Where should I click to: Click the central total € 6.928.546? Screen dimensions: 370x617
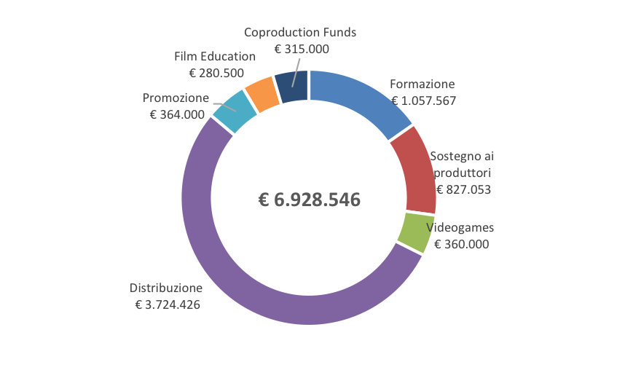[310, 200]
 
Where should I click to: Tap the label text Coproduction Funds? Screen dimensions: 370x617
[300, 33]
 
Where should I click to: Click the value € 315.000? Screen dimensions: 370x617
[302, 50]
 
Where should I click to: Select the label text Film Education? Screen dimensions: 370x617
[215, 56]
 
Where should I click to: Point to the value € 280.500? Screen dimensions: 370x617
[216, 73]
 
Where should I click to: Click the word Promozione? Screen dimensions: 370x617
[176, 98]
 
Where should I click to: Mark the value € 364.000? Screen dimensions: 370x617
[177, 114]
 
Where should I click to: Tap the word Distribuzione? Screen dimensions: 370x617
[164, 287]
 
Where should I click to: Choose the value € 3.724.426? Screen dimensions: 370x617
[168, 304]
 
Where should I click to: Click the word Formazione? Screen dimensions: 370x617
[422, 84]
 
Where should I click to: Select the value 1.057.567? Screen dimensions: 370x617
[428, 101]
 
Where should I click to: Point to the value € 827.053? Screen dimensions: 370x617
[463, 190]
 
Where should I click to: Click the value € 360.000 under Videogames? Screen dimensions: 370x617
[462, 245]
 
